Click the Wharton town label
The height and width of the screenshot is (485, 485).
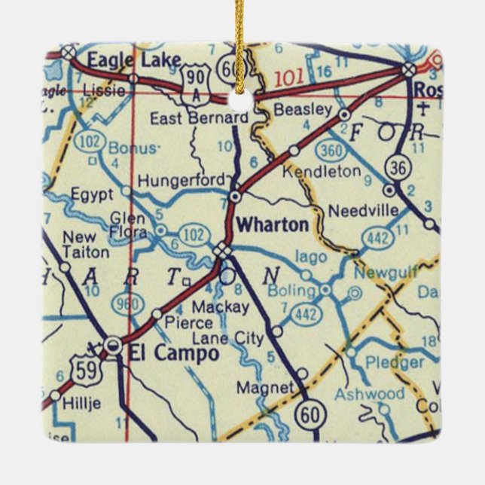tap(272, 224)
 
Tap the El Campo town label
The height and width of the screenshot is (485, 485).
tap(173, 352)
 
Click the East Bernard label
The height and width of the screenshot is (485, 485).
tap(199, 118)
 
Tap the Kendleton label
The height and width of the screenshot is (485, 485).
tap(321, 172)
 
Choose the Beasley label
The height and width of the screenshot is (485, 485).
tap(303, 111)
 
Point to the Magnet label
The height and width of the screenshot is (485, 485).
tap(264, 387)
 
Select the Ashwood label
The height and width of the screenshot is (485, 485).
tap(369, 394)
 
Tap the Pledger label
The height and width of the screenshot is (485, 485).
tap(395, 362)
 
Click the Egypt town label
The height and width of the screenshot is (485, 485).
tap(92, 195)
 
